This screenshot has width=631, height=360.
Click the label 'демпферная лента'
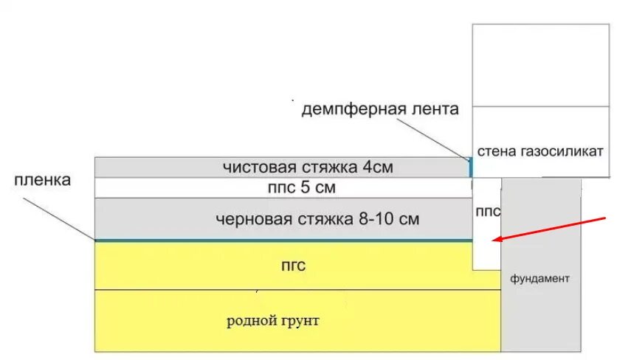380,109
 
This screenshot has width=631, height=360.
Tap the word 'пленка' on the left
42,181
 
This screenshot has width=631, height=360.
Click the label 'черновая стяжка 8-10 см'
318,219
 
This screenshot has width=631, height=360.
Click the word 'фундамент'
539,279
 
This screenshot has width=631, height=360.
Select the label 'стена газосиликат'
541,151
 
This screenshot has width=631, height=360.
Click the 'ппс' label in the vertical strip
487,212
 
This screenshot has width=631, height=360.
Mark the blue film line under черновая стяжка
280,240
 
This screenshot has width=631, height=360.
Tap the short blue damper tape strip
470,167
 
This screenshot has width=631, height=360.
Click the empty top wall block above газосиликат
541,65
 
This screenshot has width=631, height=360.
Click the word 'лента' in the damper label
435,109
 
